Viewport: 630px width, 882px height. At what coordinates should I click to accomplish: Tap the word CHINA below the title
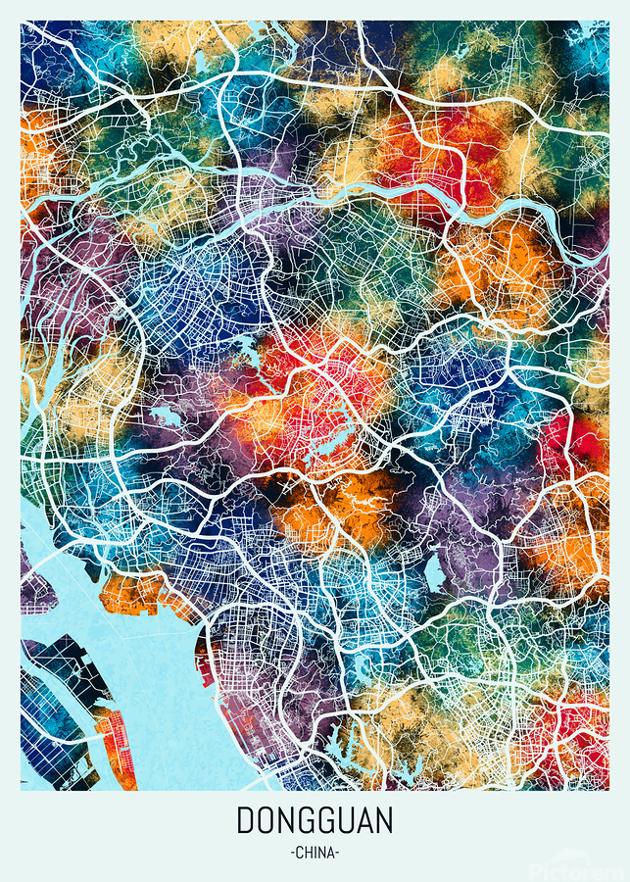point(315,853)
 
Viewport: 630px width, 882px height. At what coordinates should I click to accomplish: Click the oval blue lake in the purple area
point(434,572)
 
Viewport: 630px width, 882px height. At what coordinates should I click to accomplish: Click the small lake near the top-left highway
point(201,64)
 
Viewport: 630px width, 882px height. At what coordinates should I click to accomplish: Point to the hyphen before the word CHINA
point(293,853)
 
